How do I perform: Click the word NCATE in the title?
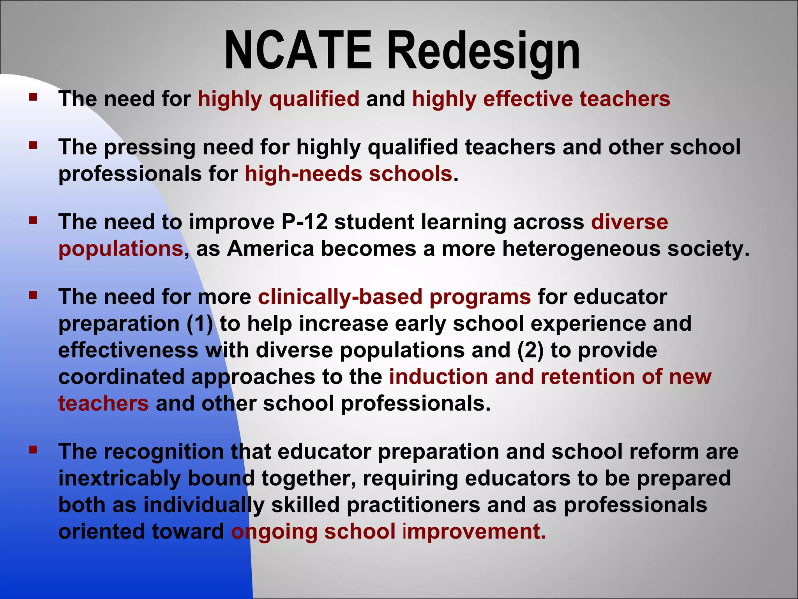point(298,51)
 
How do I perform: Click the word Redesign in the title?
point(483,53)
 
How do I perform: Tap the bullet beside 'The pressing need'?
point(33,145)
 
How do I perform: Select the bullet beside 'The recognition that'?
point(33,450)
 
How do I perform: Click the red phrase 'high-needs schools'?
point(348,174)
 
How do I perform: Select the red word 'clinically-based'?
point(340,297)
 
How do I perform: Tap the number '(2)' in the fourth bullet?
point(530,351)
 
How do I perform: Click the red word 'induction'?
point(438,377)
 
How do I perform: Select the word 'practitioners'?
point(413,505)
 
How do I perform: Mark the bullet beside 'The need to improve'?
point(33,220)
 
